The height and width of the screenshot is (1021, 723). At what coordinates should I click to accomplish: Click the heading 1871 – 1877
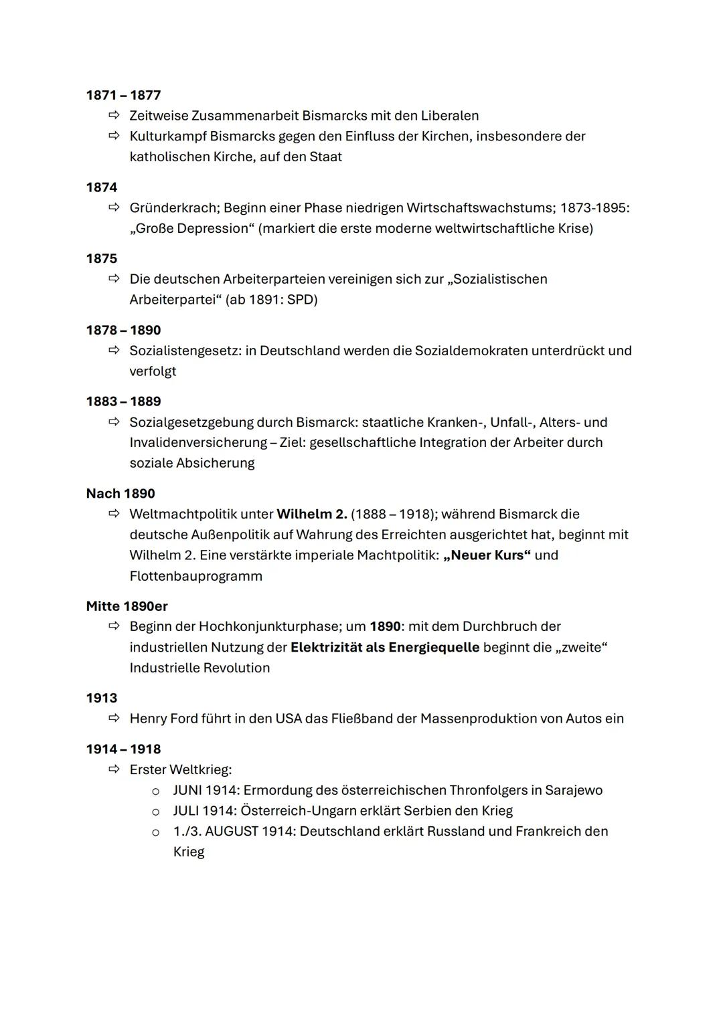click(x=123, y=95)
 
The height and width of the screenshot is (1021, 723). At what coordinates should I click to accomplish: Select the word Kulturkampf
click(x=167, y=136)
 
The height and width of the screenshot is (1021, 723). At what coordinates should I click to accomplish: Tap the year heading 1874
click(x=101, y=187)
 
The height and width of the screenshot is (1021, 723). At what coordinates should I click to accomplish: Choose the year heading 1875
click(x=101, y=259)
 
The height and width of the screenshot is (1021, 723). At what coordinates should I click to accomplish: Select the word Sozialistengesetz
click(x=185, y=351)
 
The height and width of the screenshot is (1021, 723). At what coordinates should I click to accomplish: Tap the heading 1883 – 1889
click(x=123, y=401)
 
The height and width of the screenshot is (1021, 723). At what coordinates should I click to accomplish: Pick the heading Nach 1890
click(x=120, y=494)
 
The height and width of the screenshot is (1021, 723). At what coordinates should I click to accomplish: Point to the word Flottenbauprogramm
click(x=195, y=576)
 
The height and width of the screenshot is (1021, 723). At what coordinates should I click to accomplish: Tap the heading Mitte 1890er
click(x=127, y=606)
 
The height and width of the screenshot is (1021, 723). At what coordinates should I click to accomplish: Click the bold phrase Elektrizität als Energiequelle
click(x=385, y=648)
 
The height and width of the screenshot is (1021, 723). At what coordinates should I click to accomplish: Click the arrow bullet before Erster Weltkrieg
click(x=114, y=769)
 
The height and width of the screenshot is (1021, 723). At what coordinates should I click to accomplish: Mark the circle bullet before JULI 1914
click(x=155, y=812)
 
